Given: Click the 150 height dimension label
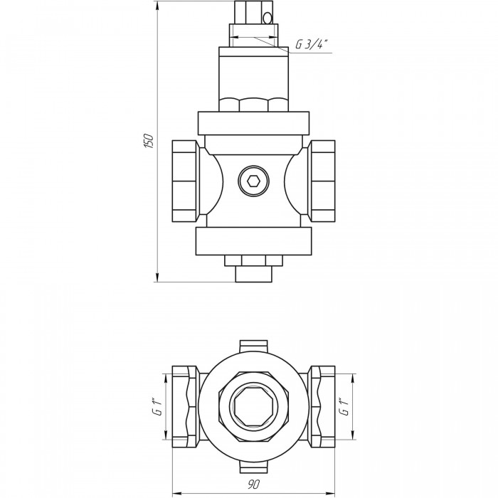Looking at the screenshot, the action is [149, 141].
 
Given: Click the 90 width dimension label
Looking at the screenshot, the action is [254, 484].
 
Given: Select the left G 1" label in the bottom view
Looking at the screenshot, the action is [158, 406].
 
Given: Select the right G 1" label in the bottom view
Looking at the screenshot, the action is [344, 406].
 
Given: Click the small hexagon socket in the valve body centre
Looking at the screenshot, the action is [254, 181].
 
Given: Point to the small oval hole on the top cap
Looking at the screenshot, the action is [267, 18].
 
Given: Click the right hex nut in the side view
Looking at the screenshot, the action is [322, 181].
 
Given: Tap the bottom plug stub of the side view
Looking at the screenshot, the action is [254, 274].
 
